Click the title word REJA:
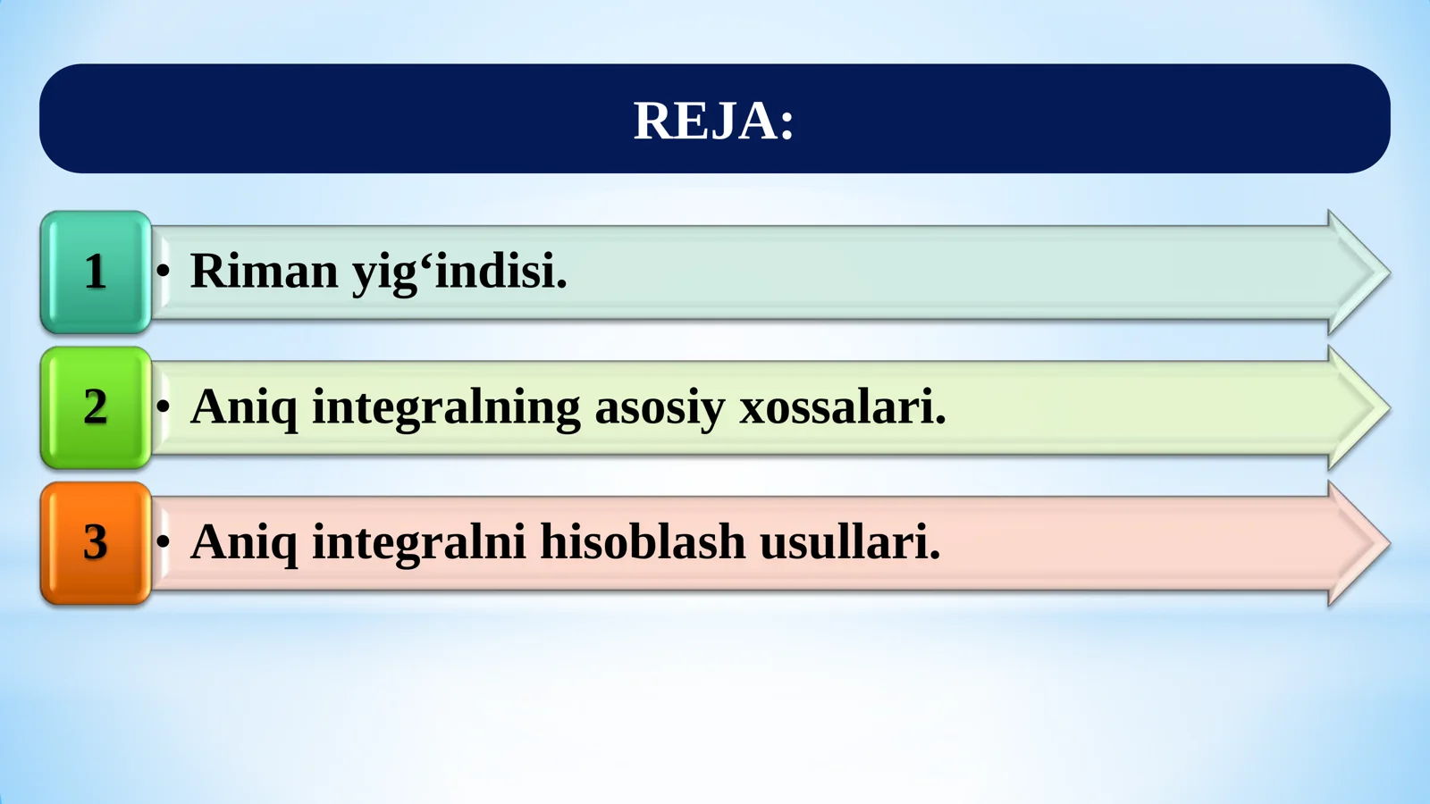click(713, 121)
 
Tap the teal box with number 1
click(96, 272)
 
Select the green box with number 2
click(96, 407)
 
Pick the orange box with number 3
click(96, 543)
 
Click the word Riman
click(264, 271)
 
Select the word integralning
click(446, 407)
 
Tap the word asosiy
click(660, 408)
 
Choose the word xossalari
click(842, 407)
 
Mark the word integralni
click(418, 542)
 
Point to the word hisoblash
click(643, 542)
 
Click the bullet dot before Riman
click(163, 271)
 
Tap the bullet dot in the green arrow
click(163, 406)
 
